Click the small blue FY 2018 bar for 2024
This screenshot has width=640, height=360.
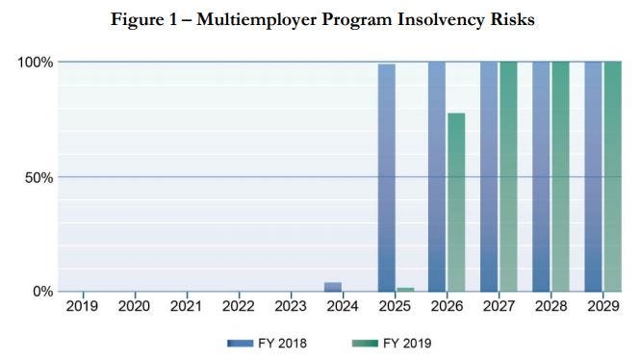click(333, 287)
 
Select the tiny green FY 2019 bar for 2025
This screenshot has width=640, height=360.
click(405, 290)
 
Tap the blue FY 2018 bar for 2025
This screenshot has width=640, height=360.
click(387, 177)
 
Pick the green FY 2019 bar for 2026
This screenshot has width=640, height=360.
click(456, 202)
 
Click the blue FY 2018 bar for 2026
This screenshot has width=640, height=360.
click(437, 177)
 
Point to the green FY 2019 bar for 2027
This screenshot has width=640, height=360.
click(508, 177)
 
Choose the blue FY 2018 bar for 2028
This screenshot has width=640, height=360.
click(541, 177)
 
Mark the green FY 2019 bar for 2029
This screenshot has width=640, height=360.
click(613, 177)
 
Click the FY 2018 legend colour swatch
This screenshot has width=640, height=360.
click(240, 344)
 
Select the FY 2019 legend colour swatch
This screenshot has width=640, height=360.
click(365, 344)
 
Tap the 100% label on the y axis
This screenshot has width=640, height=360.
click(35, 63)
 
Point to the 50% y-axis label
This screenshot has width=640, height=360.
click(38, 178)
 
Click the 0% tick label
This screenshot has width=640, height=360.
click(43, 292)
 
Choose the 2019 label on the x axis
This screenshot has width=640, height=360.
click(82, 306)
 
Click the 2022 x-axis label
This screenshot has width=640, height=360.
click(239, 306)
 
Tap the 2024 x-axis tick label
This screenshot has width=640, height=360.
click(343, 306)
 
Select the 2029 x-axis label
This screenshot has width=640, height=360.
click(603, 306)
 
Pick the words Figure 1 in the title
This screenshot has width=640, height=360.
click(143, 20)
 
